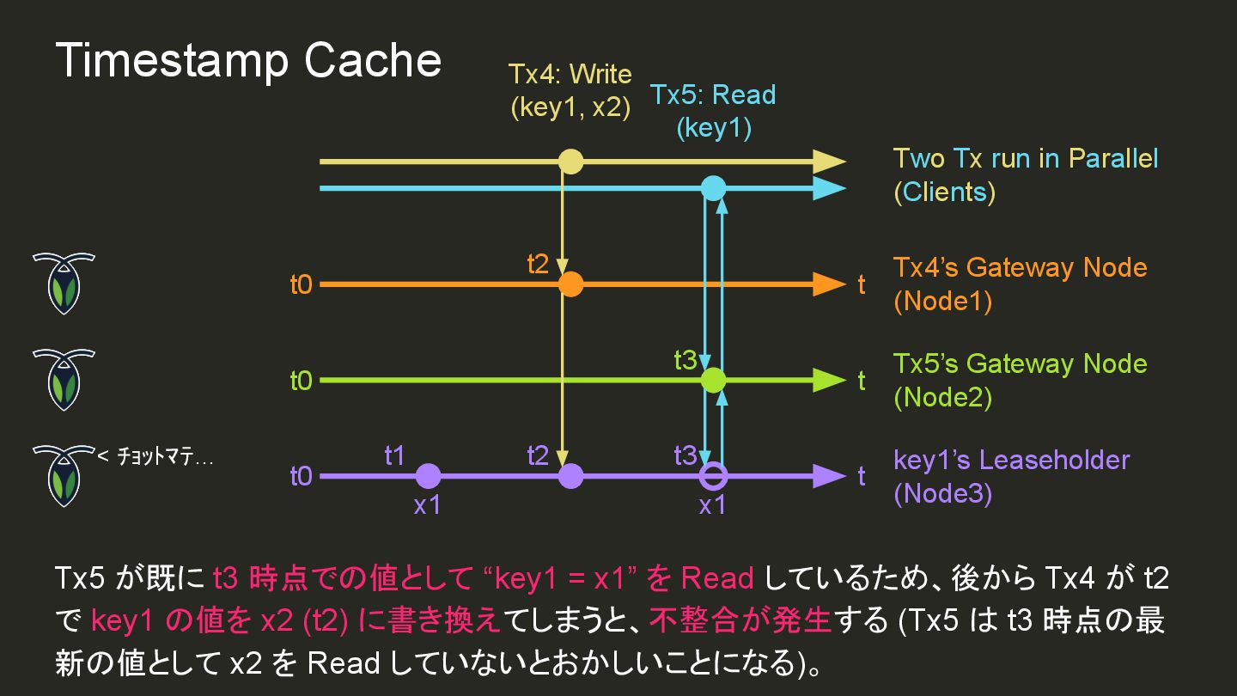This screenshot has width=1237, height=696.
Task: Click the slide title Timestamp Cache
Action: tap(248, 62)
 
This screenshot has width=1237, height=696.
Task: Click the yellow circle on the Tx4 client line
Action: tap(570, 162)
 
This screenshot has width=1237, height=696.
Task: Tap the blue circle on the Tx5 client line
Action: tap(713, 188)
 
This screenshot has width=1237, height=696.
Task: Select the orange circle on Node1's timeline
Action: tap(570, 284)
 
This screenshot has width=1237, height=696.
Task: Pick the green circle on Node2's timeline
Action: tap(713, 379)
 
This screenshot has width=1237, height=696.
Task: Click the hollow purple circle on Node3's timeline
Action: tap(713, 475)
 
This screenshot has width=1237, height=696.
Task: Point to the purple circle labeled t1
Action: tap(428, 475)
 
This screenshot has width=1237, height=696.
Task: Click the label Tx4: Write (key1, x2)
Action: tap(570, 90)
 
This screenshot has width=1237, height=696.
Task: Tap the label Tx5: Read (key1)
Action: tap(713, 111)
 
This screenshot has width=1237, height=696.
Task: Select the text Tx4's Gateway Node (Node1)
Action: tap(1020, 284)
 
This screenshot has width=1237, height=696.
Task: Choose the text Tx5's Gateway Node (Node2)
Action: tap(1020, 380)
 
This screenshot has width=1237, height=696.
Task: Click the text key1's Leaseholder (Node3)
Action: tap(1011, 476)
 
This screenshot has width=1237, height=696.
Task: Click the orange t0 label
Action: tap(301, 284)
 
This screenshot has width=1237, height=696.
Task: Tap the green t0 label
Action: tap(301, 380)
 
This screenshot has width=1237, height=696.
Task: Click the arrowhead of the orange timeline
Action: tap(829, 284)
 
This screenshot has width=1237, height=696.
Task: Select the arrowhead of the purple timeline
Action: tap(829, 475)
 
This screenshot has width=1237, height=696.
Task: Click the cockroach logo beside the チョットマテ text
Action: tap(63, 475)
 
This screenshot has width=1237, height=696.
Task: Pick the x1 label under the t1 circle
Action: tap(427, 505)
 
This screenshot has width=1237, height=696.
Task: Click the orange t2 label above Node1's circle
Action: tap(538, 264)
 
